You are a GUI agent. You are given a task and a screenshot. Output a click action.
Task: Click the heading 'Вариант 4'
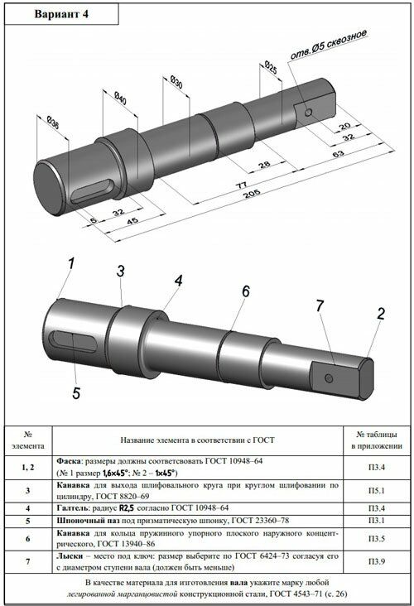point(62,14)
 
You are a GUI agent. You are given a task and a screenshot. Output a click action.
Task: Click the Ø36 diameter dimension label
point(53,124)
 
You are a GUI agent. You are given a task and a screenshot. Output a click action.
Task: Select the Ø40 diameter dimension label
point(120,99)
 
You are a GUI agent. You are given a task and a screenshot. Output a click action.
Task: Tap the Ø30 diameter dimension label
point(176,82)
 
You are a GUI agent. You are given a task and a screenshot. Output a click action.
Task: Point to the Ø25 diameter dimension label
point(271,67)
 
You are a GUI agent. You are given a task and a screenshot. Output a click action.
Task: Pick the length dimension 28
point(264,165)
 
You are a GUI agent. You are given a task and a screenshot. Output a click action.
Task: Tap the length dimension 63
point(339,154)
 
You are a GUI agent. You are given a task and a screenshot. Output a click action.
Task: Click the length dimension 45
point(132,221)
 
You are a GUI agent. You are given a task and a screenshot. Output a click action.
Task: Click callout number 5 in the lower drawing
point(76,393)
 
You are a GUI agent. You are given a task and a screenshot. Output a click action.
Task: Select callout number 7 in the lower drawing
point(320,305)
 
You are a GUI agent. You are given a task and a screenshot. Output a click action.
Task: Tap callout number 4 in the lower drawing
point(178,281)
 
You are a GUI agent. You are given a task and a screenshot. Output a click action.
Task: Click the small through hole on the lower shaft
point(329,378)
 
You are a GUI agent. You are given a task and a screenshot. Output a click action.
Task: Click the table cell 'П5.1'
point(376,491)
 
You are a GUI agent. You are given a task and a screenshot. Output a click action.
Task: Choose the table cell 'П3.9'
point(376,561)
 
